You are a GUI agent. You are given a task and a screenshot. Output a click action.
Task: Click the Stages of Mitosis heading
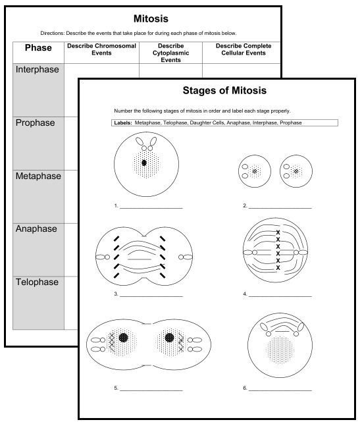[224, 90]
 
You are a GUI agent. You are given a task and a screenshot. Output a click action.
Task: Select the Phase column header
[38, 48]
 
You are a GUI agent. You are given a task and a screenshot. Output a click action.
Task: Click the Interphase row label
[38, 70]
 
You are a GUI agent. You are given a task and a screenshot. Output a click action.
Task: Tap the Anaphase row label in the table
[36, 229]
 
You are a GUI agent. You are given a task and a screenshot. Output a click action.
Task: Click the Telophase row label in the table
[37, 282]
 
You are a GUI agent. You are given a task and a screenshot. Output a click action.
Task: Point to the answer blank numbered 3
[151, 294]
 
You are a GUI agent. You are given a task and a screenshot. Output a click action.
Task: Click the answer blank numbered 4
[280, 294]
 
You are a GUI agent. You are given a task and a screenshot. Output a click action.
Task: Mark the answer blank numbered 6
[280, 388]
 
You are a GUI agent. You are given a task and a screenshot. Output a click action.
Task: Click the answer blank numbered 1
[151, 206]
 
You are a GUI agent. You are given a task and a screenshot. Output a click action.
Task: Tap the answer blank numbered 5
[151, 388]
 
